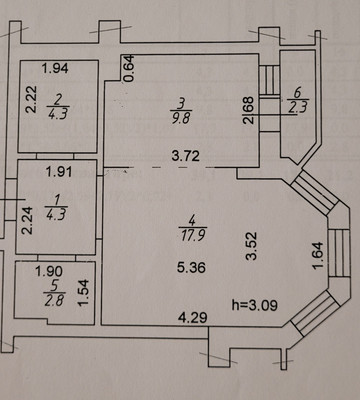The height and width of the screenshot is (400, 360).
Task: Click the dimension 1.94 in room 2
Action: (55, 68)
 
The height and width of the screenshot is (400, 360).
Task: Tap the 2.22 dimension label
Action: (32, 100)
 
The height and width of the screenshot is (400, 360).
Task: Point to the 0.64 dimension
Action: (129, 68)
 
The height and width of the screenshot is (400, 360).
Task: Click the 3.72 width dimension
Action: (186, 156)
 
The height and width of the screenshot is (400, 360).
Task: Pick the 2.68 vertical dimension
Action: (250, 110)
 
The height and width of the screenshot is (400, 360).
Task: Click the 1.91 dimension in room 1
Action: (59, 172)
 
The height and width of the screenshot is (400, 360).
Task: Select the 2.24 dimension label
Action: (28, 220)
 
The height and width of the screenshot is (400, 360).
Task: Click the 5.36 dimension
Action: (191, 267)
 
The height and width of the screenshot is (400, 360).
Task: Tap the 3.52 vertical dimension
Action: (251, 246)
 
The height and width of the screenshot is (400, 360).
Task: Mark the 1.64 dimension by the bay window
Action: (318, 255)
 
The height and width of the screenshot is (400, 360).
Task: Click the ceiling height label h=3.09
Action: (255, 305)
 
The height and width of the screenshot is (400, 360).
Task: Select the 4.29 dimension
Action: (192, 317)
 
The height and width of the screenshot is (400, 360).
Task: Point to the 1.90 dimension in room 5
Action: (49, 271)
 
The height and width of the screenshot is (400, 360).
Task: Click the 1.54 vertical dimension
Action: (84, 293)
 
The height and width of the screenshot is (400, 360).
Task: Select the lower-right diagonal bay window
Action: (314, 313)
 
